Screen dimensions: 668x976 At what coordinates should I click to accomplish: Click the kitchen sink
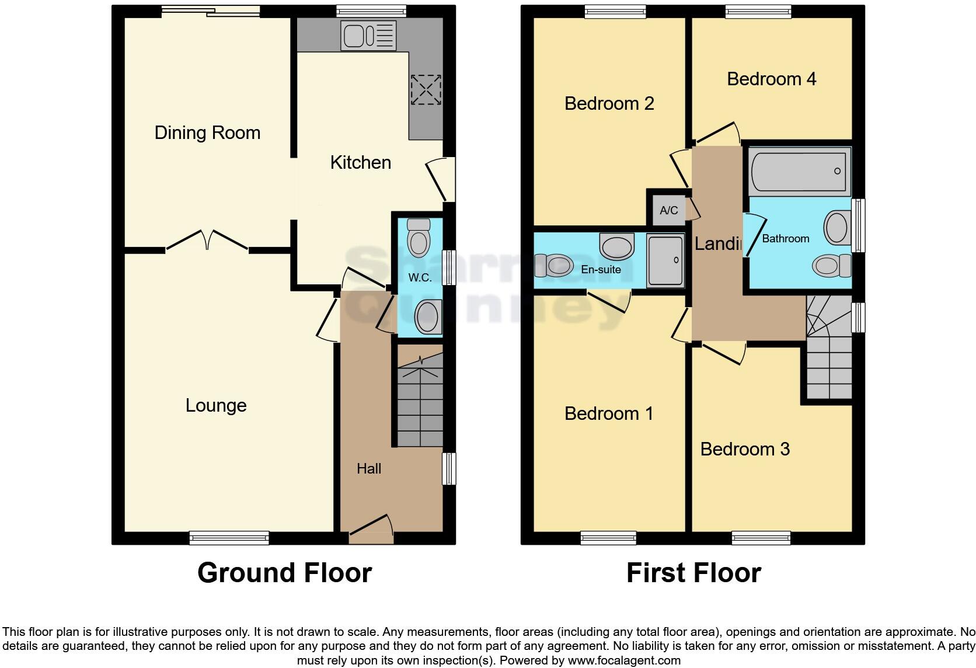point(368,36)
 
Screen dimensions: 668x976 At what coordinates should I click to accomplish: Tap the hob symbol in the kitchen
point(426,89)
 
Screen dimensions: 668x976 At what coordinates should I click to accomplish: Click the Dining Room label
point(207,133)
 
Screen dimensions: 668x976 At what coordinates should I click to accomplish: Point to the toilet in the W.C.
point(419,238)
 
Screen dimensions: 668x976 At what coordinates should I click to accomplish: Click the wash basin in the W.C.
point(428,317)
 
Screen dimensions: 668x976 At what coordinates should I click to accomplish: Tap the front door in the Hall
point(371,528)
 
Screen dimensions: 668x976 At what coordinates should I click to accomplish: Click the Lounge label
point(215,405)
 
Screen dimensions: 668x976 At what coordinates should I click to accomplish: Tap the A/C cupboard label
point(669,210)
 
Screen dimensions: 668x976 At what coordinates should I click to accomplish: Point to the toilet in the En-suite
point(554,266)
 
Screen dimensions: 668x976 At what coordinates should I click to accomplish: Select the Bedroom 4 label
point(771,79)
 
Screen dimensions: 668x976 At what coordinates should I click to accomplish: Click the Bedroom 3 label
point(744,449)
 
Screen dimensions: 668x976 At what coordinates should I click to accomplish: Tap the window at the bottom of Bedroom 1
point(608,538)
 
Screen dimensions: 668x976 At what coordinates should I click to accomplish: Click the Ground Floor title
point(284,573)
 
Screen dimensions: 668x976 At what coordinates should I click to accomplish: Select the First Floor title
point(693,573)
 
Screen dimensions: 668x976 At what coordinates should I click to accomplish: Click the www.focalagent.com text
point(623,661)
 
